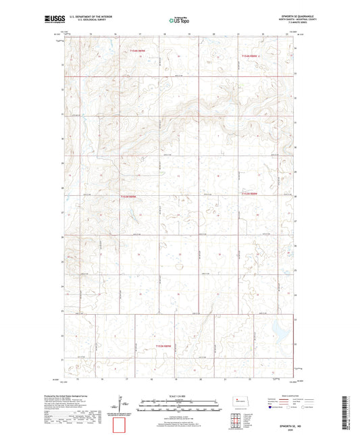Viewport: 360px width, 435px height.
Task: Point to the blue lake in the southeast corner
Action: pyautogui.click(x=279, y=329)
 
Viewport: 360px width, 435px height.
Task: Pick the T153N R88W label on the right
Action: pyautogui.click(x=251, y=193)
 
